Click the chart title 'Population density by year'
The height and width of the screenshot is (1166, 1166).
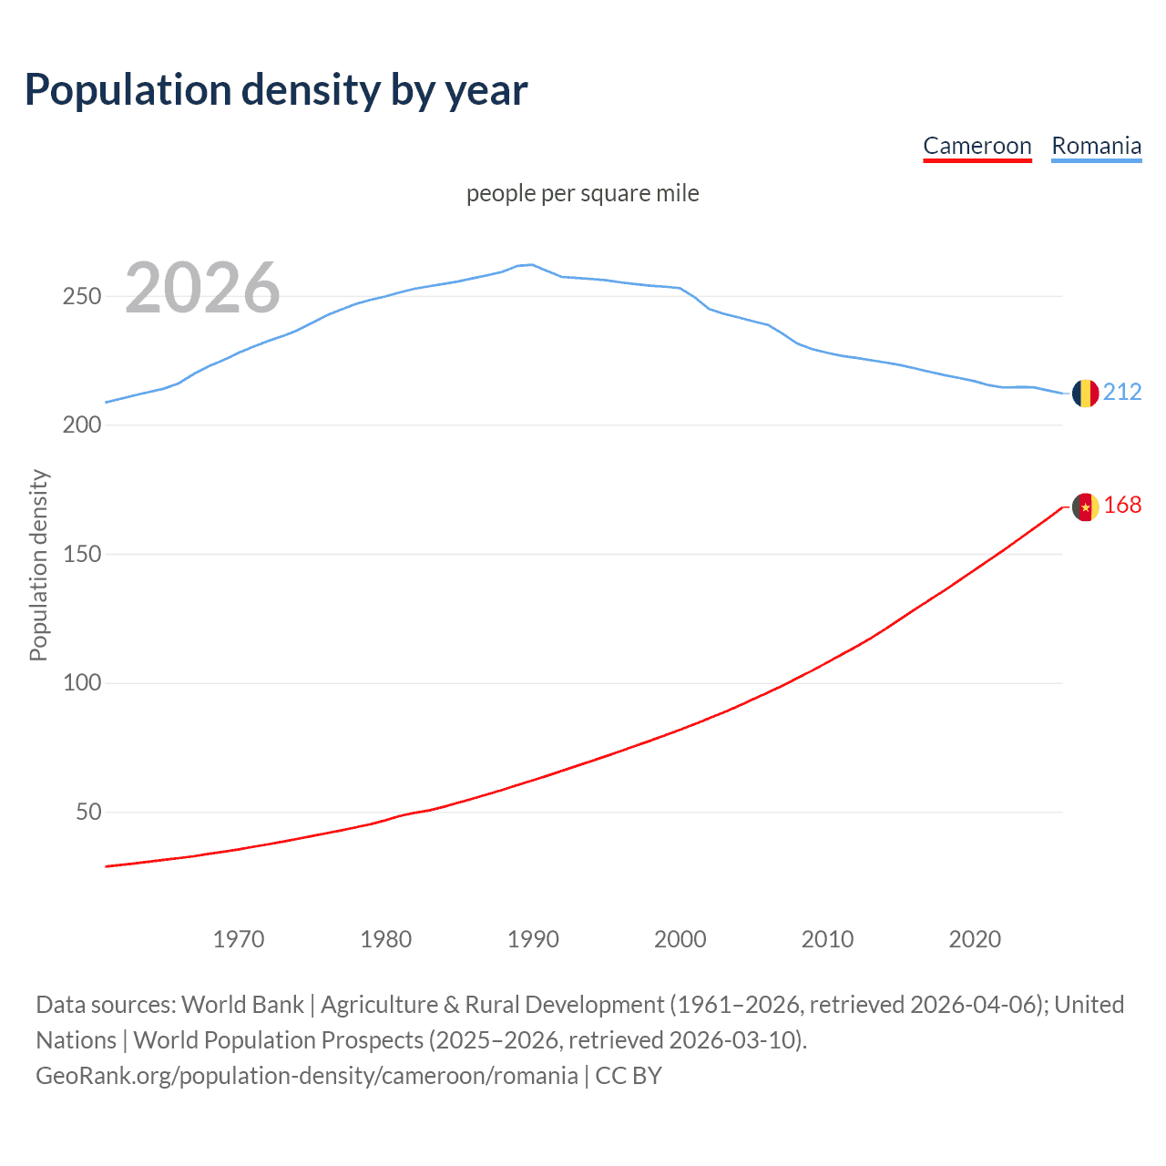tap(276, 90)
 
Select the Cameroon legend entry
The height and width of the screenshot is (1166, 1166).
tap(977, 146)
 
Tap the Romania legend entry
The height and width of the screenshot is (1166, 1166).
tap(1096, 146)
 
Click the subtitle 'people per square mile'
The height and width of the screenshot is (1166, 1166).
tap(582, 193)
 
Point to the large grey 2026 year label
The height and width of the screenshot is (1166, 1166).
tap(202, 288)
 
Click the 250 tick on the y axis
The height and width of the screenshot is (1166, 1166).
tap(82, 297)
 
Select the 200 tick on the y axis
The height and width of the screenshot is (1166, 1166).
tap(82, 425)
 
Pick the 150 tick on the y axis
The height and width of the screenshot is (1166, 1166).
tap(82, 554)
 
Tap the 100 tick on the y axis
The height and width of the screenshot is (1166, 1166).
tap(82, 683)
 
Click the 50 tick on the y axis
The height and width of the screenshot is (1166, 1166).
tap(88, 812)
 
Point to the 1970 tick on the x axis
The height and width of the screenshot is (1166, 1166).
tap(239, 939)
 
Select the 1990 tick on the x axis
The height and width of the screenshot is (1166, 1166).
tap(533, 939)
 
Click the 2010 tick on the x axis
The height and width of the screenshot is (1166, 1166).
tap(827, 939)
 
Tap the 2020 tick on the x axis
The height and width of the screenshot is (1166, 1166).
tap(975, 939)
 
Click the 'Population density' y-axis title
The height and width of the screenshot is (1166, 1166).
tap(38, 565)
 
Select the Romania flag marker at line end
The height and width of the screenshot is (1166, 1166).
tap(1085, 393)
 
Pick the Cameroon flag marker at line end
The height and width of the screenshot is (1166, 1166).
tap(1085, 506)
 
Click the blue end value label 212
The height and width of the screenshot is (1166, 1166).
tap(1122, 392)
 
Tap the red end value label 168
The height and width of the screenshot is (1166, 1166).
tap(1122, 506)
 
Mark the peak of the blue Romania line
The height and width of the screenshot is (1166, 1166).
tap(532, 264)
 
